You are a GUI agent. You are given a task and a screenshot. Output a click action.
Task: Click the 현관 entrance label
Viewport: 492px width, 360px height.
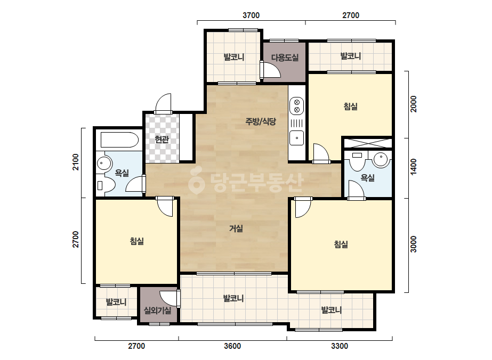[x=162, y=139]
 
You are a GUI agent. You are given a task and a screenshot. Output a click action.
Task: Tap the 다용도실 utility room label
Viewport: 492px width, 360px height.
[x=285, y=58]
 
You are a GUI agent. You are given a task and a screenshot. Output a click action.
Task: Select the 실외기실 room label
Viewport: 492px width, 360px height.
[x=158, y=310]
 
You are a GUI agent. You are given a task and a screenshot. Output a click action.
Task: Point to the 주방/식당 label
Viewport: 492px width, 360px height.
[x=261, y=121]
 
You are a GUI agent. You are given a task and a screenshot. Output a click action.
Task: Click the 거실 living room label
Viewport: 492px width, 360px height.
[x=236, y=228]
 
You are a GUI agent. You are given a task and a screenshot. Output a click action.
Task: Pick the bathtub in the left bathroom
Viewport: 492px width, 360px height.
[x=119, y=140]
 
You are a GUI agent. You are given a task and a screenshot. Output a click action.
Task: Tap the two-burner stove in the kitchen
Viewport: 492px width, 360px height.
[x=296, y=106]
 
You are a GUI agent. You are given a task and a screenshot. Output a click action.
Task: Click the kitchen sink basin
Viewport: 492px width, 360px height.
[x=296, y=138]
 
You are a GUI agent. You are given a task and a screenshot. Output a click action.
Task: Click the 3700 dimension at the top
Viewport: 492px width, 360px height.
[x=251, y=15]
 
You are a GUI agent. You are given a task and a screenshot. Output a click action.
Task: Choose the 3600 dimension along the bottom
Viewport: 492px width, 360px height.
[x=232, y=346]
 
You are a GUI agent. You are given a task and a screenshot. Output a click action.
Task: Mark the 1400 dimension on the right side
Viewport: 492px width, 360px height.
[x=414, y=167]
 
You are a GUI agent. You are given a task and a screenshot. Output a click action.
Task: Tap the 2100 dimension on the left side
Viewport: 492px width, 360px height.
[x=76, y=162]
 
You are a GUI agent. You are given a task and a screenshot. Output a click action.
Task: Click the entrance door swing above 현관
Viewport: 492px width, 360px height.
[x=163, y=103]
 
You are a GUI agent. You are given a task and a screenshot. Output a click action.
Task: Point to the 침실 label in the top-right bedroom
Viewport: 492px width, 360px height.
[x=351, y=107]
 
